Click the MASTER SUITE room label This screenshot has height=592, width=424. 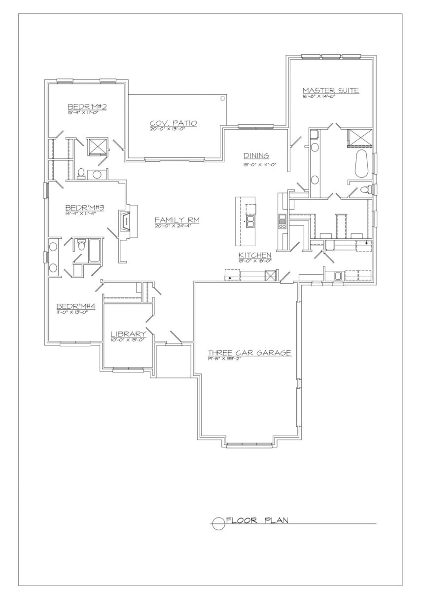pos(331,90)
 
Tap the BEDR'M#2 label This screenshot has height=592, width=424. pos(87,107)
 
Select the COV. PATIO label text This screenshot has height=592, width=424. pos(174,123)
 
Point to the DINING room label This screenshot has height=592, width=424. pos(256,156)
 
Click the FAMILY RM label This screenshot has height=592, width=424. pos(177,220)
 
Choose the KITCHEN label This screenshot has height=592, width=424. pos(255,255)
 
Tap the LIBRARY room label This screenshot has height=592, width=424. pos(129,334)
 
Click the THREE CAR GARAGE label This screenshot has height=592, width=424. pos(249,353)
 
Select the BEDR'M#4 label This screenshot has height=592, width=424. pos(76,306)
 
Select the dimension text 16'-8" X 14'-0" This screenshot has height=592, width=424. pos(319,97)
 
